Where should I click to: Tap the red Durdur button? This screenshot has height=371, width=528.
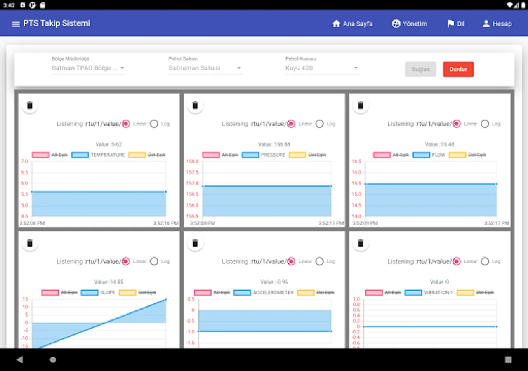point(458,69)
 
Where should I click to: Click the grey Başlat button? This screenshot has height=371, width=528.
point(420,69)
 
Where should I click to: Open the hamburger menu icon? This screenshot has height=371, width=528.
point(16,24)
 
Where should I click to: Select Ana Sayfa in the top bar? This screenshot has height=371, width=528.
point(352,24)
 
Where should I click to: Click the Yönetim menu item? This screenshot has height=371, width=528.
point(409,24)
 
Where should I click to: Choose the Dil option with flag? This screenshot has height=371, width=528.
point(455,24)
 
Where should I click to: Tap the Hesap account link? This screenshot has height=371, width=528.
point(497,24)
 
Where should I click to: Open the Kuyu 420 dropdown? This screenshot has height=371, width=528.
point(322,68)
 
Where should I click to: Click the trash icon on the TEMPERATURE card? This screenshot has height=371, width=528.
point(30,106)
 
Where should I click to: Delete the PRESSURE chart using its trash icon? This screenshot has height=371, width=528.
point(196,106)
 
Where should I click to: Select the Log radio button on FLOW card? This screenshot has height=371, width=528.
point(485,124)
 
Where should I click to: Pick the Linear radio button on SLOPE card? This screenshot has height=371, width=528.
point(126,261)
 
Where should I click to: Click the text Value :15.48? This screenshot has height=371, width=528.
point(439,144)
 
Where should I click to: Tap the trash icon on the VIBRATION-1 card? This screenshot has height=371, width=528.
point(361,243)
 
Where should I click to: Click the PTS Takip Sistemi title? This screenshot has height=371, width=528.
point(57,23)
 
